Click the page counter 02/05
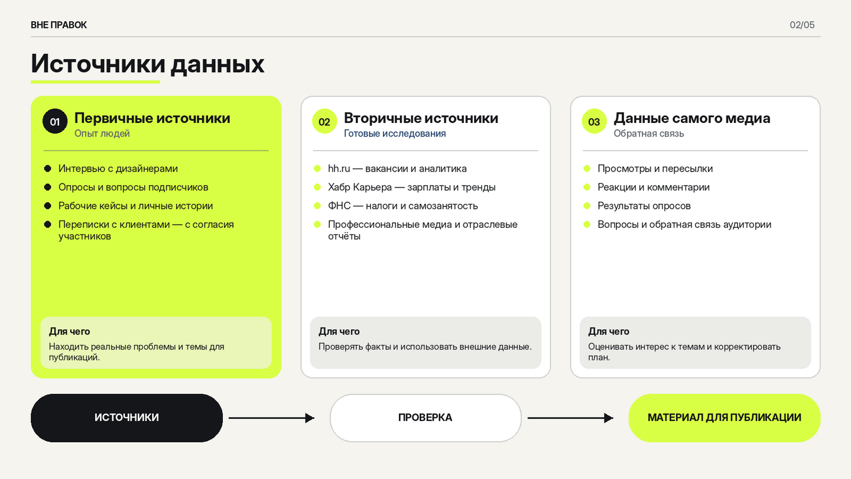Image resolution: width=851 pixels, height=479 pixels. tap(802, 25)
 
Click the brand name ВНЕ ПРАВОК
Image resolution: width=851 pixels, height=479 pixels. tap(59, 25)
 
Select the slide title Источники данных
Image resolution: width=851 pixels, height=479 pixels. tap(147, 64)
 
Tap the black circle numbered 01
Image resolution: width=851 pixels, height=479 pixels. tap(55, 122)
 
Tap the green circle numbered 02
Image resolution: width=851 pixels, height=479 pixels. tap(324, 122)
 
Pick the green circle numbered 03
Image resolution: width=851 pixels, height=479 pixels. tap(594, 122)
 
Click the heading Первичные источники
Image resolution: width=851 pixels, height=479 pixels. tap(152, 118)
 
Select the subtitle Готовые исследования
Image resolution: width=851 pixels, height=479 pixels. tap(395, 134)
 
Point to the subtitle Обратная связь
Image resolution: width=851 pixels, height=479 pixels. tap(649, 134)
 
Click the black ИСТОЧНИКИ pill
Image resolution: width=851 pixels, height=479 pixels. tap(126, 417)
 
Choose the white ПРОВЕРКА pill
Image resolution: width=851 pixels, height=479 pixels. tap(425, 417)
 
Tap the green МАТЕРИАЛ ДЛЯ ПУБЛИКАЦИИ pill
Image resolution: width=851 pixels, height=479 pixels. tap(725, 417)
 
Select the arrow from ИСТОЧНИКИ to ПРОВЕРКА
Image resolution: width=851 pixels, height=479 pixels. tap(272, 418)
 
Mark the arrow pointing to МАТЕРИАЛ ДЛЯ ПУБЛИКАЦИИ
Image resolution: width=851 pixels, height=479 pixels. tap(571, 418)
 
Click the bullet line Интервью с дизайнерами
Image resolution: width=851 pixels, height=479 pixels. tap(118, 169)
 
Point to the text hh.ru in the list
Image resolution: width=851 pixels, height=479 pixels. tap(339, 169)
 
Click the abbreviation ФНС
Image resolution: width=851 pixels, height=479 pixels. tap(339, 206)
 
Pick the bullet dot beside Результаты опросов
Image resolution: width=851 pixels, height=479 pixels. tap(587, 206)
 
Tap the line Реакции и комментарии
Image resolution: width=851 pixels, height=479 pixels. tap(654, 187)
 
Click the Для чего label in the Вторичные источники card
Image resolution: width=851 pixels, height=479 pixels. tap(339, 332)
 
